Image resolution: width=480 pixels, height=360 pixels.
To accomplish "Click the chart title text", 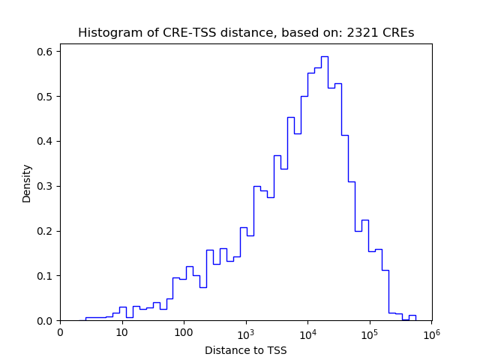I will tap(246, 33).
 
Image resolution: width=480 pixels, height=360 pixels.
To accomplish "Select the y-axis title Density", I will tap(27, 183).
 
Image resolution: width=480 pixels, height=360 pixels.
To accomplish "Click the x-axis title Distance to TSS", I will tap(245, 350).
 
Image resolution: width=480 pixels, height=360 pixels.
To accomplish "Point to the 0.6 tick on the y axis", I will tap(46, 52).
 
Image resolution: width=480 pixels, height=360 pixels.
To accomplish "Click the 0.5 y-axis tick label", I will tap(46, 97).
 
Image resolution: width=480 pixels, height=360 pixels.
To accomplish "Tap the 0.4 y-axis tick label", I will tap(46, 141).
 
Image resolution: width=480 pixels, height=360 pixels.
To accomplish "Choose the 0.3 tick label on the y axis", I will tap(46, 186).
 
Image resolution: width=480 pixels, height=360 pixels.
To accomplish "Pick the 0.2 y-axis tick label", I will tap(46, 231).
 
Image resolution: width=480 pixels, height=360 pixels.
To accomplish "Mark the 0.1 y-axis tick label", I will tap(46, 276).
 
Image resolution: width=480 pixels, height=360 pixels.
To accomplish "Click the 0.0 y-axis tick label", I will tap(46, 321).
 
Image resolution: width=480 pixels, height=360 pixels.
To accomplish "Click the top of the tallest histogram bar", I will tap(324, 56).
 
